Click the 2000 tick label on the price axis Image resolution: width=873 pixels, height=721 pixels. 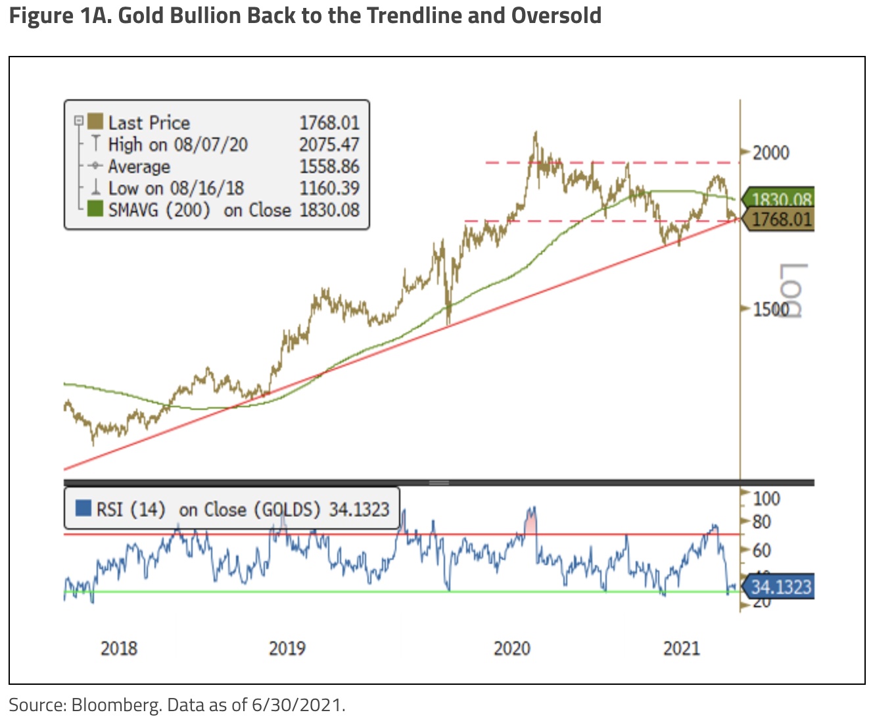770,153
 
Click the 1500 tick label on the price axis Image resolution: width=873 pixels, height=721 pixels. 770,309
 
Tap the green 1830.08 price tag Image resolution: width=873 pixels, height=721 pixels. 780,199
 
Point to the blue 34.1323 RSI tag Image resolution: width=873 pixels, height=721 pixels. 780,586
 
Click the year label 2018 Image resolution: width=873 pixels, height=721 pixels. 119,648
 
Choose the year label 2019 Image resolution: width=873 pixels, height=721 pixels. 287,648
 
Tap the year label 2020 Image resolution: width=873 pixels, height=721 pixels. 512,648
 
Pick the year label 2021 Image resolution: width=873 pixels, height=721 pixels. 682,648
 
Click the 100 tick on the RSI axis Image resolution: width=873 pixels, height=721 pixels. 767,499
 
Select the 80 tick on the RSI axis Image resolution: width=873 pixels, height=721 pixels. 761,522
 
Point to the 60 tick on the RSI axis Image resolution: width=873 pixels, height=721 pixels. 761,549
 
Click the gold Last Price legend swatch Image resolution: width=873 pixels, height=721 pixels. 95,122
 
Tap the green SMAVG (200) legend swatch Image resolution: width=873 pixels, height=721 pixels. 95,209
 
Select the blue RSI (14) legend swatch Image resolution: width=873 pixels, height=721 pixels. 83,509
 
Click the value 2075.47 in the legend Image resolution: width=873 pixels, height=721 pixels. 329,144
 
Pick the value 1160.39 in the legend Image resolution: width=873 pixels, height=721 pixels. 329,188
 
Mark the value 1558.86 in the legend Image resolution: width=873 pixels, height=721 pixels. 329,166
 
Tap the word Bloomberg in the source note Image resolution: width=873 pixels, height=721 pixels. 116,705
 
